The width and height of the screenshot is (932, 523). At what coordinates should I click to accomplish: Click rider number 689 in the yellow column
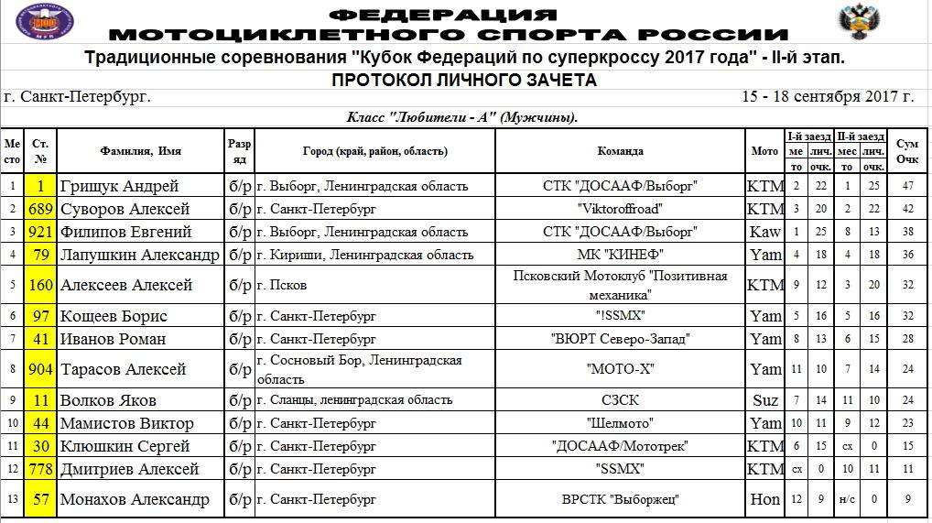point(41,209)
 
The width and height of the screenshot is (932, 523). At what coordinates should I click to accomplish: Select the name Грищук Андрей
point(119,186)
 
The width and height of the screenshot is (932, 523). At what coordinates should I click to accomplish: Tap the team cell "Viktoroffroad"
point(620,209)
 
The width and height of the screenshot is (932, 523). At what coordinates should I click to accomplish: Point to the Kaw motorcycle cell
point(765,232)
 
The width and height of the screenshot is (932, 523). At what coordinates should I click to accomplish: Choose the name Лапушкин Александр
point(139,255)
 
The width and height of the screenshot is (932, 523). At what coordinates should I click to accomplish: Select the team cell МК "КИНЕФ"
point(620,255)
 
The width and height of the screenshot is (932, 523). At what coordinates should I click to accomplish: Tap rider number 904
point(41,369)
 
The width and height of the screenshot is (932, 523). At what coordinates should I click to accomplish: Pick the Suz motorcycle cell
point(765,400)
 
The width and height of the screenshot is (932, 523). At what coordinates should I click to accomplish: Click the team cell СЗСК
point(620,400)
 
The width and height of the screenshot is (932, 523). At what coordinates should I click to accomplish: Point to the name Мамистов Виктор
point(126,423)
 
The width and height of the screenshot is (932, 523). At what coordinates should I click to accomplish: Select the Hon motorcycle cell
point(765,499)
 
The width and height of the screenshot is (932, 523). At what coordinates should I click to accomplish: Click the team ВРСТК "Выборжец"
point(620,499)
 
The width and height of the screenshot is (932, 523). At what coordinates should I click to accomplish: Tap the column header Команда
point(620,151)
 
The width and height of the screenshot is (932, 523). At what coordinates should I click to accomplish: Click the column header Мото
point(765,151)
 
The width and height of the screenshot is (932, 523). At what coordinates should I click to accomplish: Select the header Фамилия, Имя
point(140,151)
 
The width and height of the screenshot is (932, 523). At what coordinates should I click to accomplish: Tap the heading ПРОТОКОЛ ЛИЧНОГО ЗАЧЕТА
point(464,81)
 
